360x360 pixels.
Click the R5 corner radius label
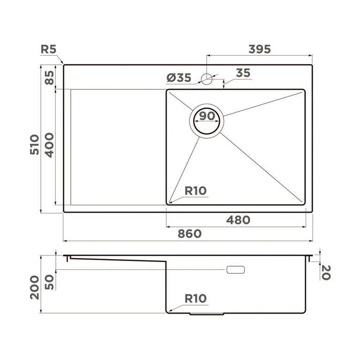[x=48, y=49]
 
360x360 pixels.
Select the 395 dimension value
[x=260, y=49]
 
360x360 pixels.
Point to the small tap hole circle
[x=207, y=78]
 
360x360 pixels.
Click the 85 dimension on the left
[x=49, y=77]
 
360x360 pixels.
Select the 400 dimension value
[x=49, y=145]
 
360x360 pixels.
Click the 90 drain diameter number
[x=207, y=115]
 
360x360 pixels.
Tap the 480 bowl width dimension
[x=238, y=220]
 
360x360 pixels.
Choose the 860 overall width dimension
[x=189, y=233]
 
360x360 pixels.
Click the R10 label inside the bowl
[x=195, y=191]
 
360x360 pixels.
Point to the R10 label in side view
[x=195, y=299]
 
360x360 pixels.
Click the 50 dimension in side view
[x=49, y=281]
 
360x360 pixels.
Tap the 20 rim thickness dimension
[x=325, y=272]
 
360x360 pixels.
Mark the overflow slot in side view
[x=235, y=270]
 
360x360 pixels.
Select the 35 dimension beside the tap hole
[x=242, y=73]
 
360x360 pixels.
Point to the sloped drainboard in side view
[x=117, y=259]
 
